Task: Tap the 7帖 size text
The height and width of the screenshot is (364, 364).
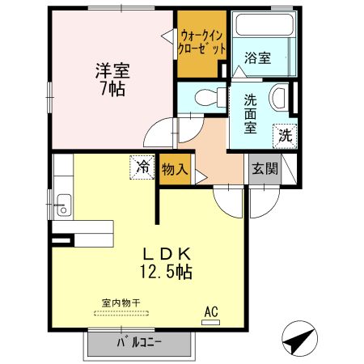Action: pyautogui.click(x=112, y=89)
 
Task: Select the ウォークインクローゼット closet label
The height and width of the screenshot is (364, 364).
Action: pyautogui.click(x=201, y=42)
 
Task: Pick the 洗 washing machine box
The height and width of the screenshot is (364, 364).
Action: pyautogui.click(x=286, y=135)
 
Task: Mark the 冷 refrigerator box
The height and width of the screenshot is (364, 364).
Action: pyautogui.click(x=142, y=167)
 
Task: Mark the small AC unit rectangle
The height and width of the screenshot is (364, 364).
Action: pyautogui.click(x=210, y=322)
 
